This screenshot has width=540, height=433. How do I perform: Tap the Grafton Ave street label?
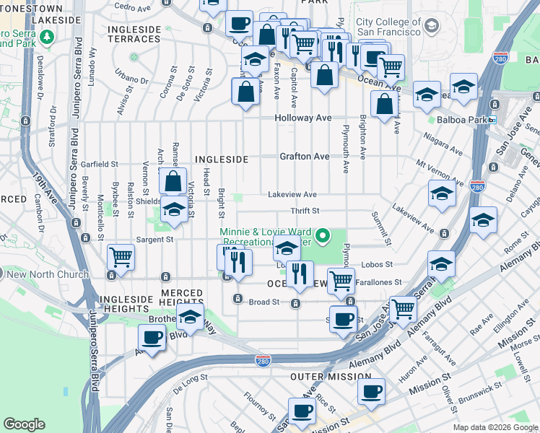coord(305,156)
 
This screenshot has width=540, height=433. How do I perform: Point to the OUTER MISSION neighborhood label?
coord(331,377)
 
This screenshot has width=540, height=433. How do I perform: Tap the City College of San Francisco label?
coord(388,27)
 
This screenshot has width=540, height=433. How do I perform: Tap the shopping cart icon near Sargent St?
coord(121,255)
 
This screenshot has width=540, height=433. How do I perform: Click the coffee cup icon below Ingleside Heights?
coord(152,337)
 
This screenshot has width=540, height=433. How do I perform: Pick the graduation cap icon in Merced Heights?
coord(190,316)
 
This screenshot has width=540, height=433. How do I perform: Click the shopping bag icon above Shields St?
coord(173,181)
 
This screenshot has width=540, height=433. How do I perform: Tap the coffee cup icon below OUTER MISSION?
coord(372,391)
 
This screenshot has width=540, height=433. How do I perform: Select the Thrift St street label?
coord(305,211)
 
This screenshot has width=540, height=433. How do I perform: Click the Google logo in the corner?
coord(24,424)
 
